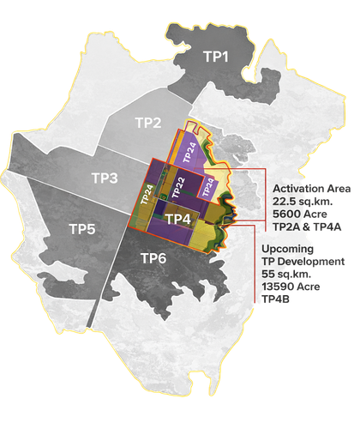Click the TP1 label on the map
point(216,57)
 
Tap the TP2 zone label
point(148,122)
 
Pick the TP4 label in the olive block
point(177,220)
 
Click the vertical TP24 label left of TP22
point(147,195)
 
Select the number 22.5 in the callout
point(286,200)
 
